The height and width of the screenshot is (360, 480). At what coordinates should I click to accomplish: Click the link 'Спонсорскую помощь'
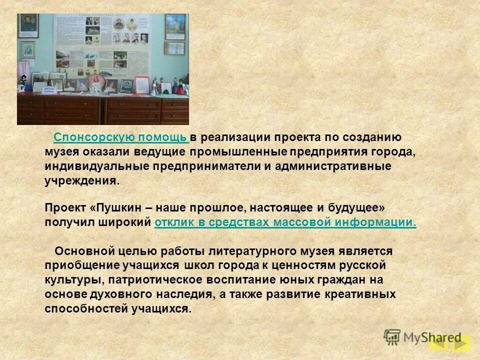click(x=120, y=137)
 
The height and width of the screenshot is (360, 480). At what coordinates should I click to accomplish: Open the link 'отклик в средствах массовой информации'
click(x=285, y=222)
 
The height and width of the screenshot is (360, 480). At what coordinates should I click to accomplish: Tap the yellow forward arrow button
click(x=461, y=343)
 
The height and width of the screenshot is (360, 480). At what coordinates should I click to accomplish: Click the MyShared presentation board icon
click(x=392, y=337)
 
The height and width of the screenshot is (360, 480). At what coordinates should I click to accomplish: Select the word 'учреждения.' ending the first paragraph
click(x=82, y=180)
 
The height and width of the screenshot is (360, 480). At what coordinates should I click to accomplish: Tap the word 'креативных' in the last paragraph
click(x=364, y=294)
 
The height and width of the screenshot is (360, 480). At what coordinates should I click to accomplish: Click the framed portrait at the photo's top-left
click(x=28, y=25)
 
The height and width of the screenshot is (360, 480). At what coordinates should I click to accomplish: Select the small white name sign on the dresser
click(x=48, y=90)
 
